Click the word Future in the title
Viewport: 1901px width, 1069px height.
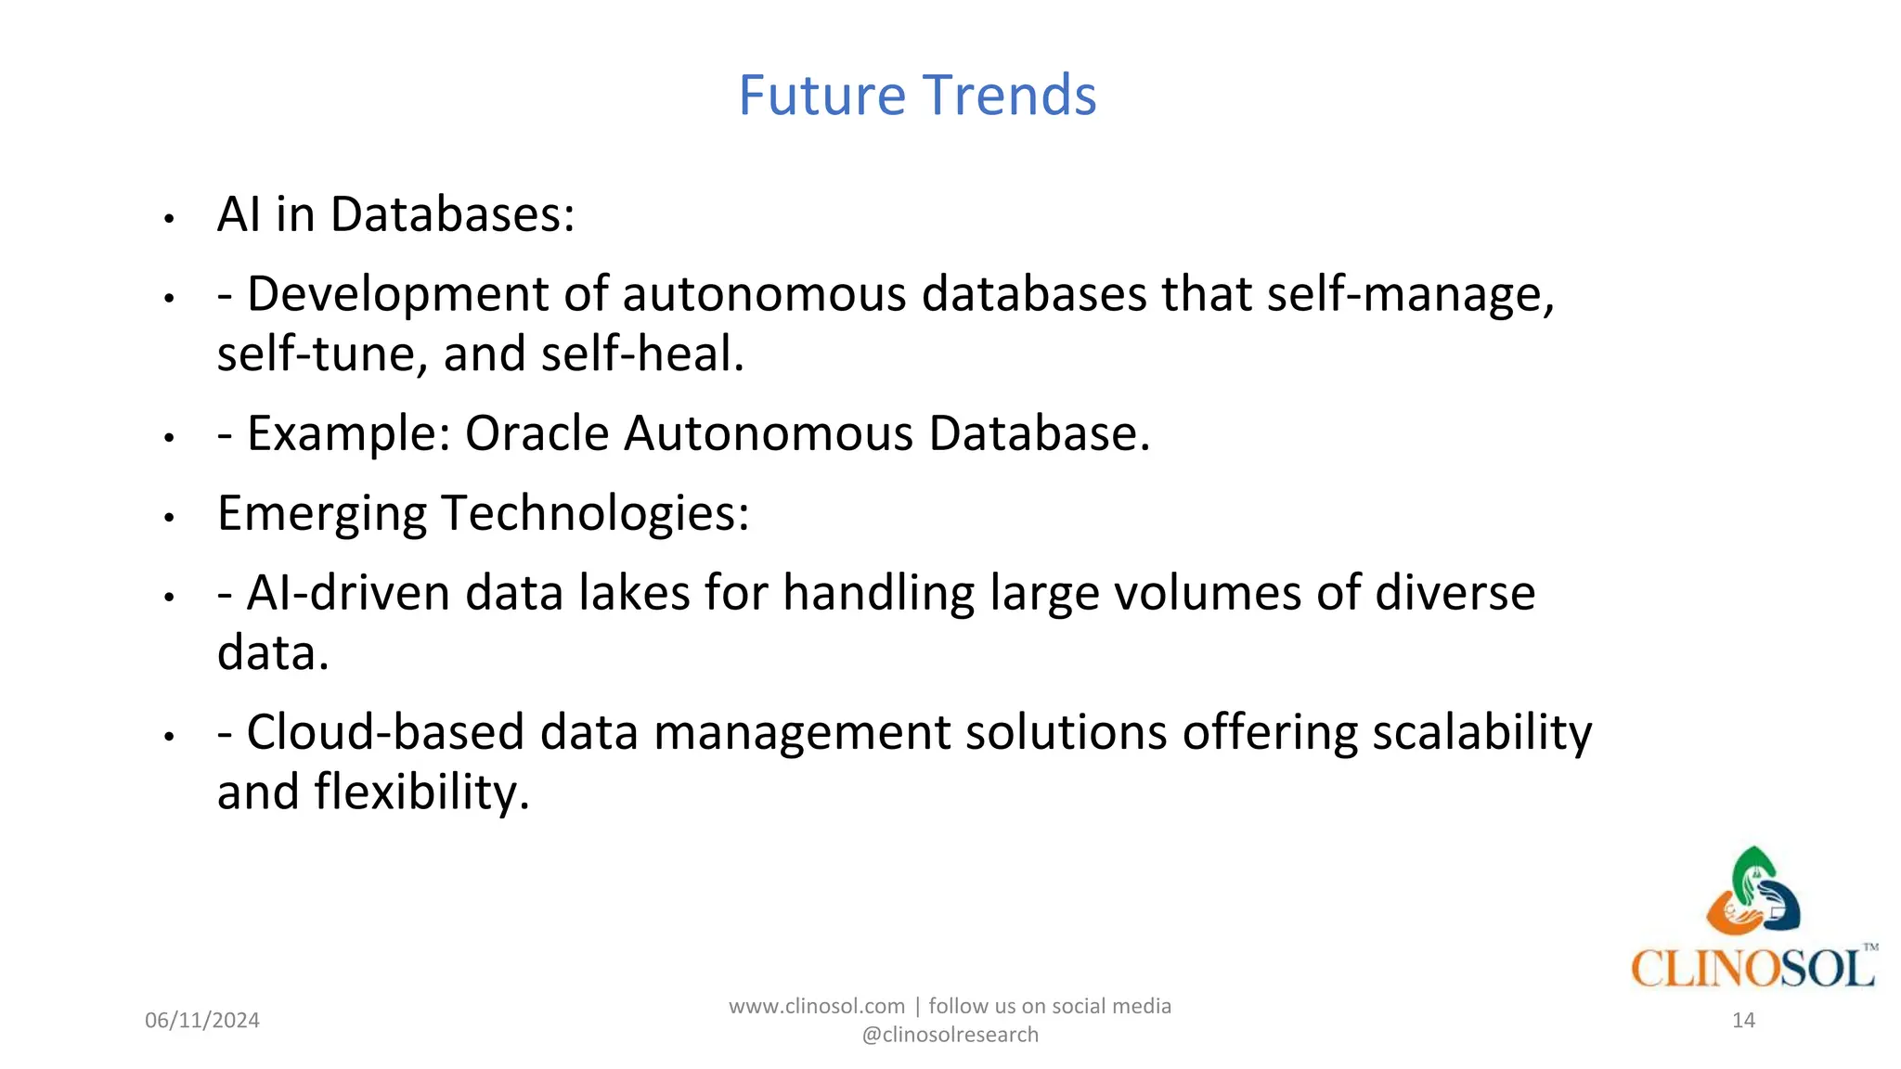click(821, 96)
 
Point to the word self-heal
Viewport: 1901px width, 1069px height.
click(642, 354)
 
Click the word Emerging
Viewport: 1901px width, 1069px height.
click(321, 513)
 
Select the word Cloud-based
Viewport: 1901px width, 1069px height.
click(385, 732)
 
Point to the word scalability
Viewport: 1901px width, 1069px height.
click(1481, 732)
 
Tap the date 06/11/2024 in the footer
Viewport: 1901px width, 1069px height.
click(202, 1021)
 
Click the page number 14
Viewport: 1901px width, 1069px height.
click(1743, 1021)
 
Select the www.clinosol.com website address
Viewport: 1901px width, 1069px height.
click(816, 1007)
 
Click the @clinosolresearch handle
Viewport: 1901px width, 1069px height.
click(950, 1035)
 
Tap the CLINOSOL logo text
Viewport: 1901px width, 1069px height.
click(1752, 969)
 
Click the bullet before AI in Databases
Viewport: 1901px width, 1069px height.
click(169, 220)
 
